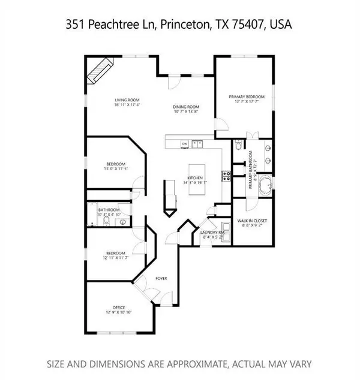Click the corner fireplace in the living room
click(100, 71)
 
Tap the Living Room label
click(128, 100)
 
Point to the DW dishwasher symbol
click(185, 144)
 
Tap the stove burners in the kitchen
click(227, 176)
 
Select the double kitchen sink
click(197, 144)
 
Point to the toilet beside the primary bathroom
click(239, 145)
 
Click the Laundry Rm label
click(213, 231)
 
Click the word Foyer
click(161, 279)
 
